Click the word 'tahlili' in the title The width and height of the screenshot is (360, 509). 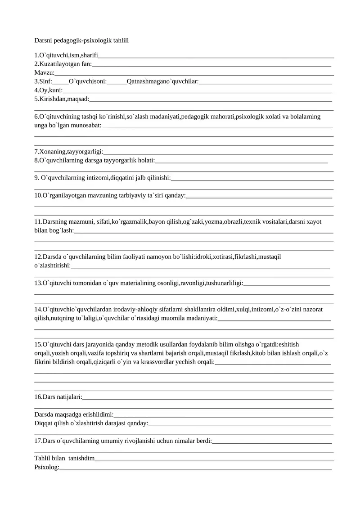point(118,41)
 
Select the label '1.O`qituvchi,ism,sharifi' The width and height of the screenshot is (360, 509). point(67,55)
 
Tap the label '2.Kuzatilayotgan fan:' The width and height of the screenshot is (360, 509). point(63,64)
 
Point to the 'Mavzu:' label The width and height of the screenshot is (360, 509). point(45,72)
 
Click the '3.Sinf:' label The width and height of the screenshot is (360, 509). point(43,81)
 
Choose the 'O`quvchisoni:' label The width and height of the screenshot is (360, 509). point(87,81)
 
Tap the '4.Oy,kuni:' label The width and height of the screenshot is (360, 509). point(48,90)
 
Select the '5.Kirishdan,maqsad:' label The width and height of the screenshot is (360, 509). point(62,99)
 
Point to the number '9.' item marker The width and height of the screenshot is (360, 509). point(37,178)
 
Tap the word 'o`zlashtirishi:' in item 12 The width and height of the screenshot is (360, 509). point(52,266)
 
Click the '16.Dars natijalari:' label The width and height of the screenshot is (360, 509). point(58,397)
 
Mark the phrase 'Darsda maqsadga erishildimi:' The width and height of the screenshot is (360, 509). point(74,414)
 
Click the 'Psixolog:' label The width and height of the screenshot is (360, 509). point(47,467)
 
